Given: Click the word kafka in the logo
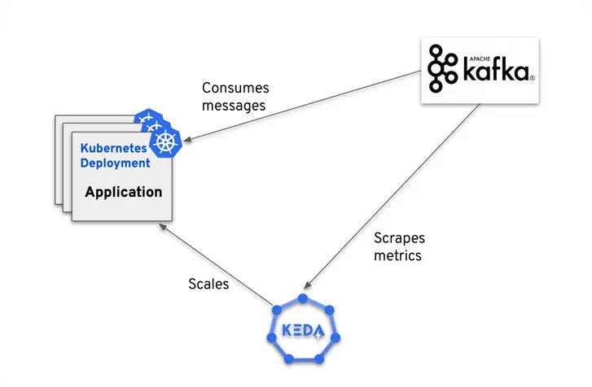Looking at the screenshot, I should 497,72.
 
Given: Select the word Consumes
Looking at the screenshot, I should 235,88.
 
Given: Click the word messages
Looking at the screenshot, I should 235,106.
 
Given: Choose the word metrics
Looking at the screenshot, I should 398,256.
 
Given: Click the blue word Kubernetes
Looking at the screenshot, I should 113,148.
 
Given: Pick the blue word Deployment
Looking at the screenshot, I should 115,163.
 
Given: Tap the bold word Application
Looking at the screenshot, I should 124,193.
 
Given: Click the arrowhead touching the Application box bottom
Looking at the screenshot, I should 169,230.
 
